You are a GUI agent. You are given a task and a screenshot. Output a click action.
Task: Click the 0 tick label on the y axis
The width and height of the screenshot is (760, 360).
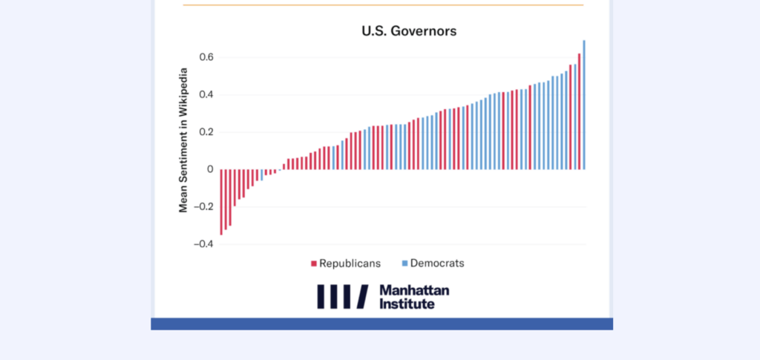(211, 169)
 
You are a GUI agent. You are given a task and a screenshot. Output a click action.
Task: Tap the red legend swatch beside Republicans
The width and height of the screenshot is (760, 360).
(314, 264)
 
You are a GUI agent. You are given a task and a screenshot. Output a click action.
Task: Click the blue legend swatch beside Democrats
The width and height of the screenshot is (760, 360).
(404, 264)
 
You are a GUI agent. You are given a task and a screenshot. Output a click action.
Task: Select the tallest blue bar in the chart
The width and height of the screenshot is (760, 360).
(584, 105)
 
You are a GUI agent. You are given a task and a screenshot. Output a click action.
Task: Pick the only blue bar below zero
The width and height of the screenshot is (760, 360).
(262, 175)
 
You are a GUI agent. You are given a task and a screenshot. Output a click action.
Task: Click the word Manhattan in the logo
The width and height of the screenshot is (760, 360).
(414, 290)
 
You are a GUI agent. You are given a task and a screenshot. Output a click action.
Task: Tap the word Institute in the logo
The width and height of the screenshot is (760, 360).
(407, 303)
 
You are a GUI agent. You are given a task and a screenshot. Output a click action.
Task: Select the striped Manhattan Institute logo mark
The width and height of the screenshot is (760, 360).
(342, 296)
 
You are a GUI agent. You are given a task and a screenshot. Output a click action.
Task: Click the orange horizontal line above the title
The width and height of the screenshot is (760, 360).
(383, 5)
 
